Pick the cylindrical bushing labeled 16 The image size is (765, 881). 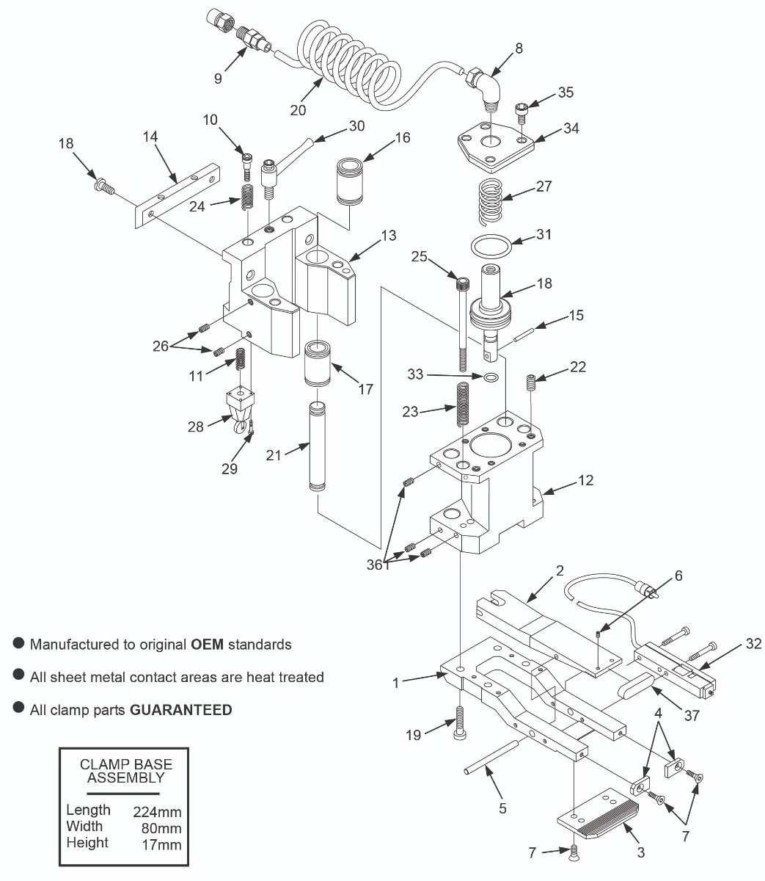click(x=351, y=182)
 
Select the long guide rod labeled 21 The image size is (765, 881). click(x=316, y=447)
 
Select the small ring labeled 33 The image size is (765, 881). click(x=490, y=377)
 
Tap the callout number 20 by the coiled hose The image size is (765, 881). click(x=298, y=109)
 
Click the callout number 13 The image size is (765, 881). click(x=388, y=235)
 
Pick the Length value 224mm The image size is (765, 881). click(x=157, y=811)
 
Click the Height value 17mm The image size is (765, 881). click(x=161, y=844)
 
